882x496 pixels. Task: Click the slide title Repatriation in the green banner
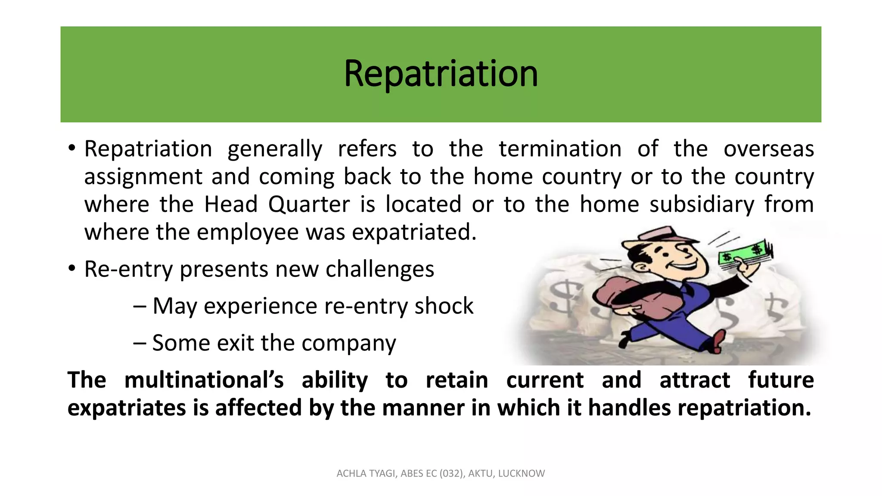(x=441, y=74)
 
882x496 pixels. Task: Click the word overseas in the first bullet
(x=768, y=149)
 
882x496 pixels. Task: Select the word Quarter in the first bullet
(x=309, y=205)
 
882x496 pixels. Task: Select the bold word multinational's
(x=204, y=380)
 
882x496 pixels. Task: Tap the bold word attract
(x=694, y=380)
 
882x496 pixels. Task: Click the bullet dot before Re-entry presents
(x=72, y=269)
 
